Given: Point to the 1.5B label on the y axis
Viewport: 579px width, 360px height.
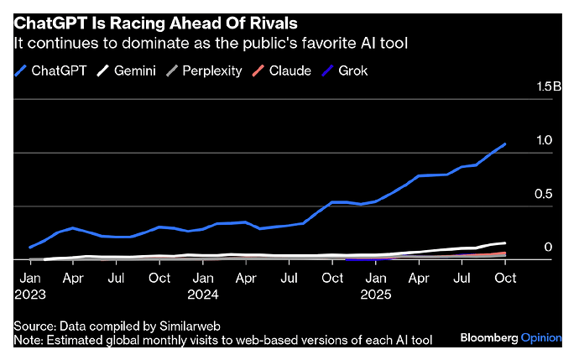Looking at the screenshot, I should (540, 87).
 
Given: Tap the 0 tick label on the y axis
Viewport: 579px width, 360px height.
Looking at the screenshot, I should (547, 248).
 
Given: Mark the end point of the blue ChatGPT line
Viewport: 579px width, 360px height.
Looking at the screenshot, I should (504, 144).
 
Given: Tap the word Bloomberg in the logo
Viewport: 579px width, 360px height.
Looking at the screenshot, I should (490, 337).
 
